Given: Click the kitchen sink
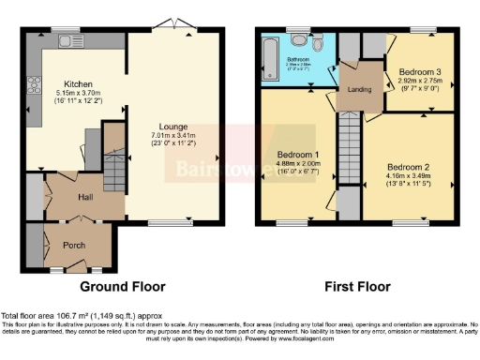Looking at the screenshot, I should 65,41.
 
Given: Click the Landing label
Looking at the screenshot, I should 359,89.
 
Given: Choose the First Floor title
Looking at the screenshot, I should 359,286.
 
